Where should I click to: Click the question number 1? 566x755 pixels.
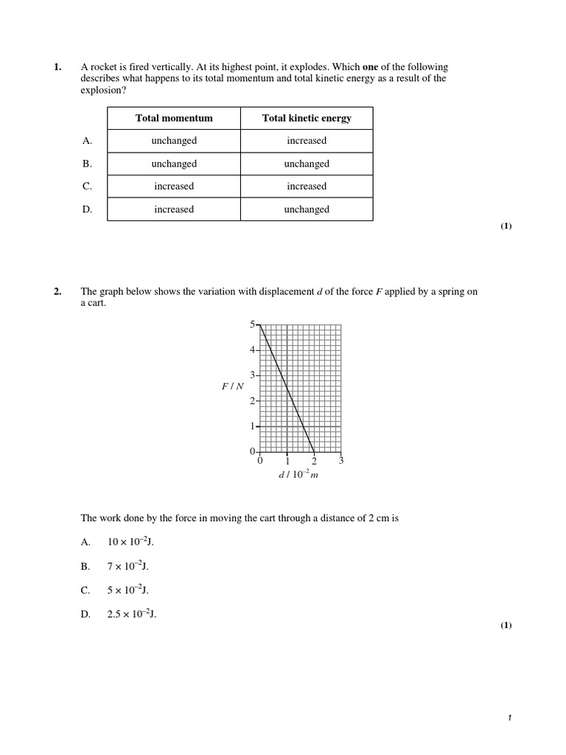[x=57, y=67]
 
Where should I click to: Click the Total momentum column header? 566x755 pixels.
[x=174, y=118]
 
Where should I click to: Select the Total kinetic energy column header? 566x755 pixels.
[x=307, y=118]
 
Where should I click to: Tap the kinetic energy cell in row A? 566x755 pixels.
[x=307, y=141]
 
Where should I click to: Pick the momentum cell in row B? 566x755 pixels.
[x=174, y=164]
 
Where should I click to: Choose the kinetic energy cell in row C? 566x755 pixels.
[x=307, y=187]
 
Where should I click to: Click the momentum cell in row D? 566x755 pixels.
[x=174, y=209]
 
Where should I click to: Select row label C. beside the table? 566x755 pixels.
[x=88, y=187]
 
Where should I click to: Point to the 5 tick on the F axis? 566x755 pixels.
[x=252, y=324]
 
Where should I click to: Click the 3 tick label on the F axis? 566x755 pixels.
[x=252, y=375]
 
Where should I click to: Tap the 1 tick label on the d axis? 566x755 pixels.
[x=287, y=461]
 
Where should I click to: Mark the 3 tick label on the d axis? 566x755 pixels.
[x=341, y=461]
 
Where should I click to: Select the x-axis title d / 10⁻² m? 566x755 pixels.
[x=298, y=475]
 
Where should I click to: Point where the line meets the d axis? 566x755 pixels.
[x=314, y=451]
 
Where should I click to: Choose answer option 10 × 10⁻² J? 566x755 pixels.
[x=130, y=542]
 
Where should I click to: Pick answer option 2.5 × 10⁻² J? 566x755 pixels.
[x=132, y=614]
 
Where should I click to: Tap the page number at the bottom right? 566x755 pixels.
[x=509, y=718]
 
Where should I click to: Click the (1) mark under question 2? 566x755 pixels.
[x=506, y=625]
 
